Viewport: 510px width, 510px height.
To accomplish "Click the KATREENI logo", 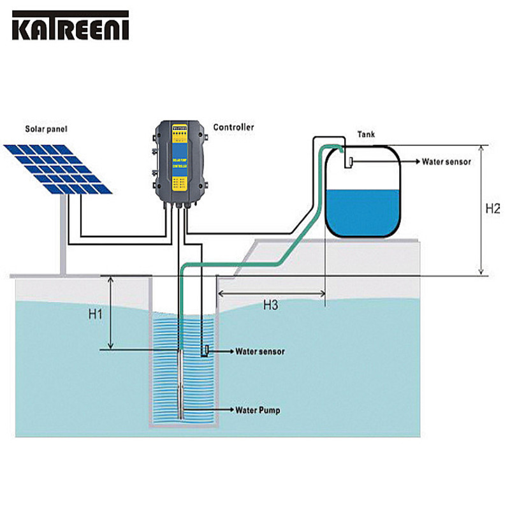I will (x=70, y=26).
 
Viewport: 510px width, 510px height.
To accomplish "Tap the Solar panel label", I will (x=46, y=129).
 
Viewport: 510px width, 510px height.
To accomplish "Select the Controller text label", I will (x=233, y=127).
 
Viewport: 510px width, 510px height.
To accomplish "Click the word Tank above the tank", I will (x=366, y=135).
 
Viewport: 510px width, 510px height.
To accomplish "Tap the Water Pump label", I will (x=258, y=410).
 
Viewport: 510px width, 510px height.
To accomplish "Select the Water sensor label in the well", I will (x=260, y=351).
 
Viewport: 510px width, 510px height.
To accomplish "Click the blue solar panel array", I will (x=59, y=168).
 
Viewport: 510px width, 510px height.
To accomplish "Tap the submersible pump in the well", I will (x=183, y=389).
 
